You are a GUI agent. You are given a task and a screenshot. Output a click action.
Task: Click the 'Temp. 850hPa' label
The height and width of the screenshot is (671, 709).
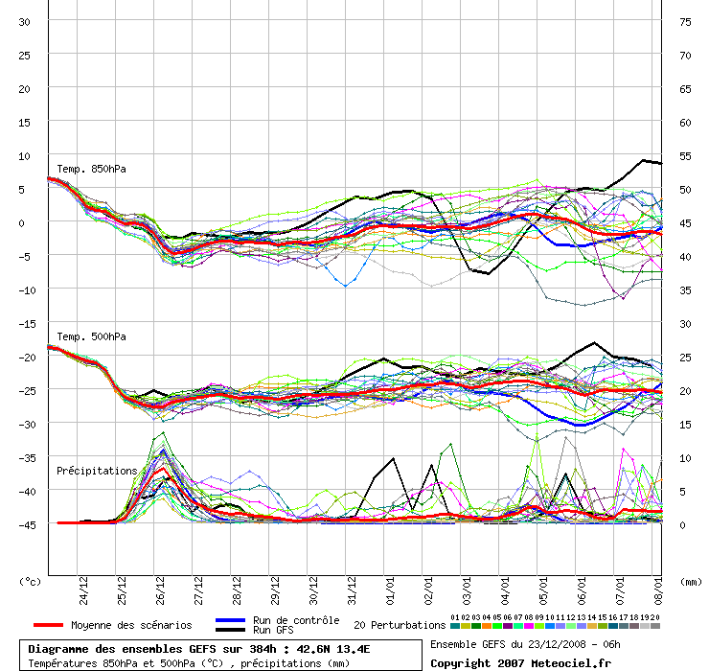[91, 170]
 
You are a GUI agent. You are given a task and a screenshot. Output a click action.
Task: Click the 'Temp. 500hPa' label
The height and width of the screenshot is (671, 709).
[91, 336]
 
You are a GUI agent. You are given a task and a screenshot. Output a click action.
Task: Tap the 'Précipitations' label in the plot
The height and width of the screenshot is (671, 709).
[97, 471]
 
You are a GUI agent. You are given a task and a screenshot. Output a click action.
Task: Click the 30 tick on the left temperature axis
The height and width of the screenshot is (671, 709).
[25, 22]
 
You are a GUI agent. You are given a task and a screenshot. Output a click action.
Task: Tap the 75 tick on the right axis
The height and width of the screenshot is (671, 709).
[685, 22]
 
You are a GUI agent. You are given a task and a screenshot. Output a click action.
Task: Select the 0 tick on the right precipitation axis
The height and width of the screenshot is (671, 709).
[682, 524]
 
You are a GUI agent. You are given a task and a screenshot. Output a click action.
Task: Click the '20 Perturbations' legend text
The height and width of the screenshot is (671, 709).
[400, 625]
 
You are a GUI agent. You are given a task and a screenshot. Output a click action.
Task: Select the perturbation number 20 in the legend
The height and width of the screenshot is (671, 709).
[655, 617]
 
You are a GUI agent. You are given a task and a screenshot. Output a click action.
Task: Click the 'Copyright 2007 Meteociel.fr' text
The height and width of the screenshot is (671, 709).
[520, 662]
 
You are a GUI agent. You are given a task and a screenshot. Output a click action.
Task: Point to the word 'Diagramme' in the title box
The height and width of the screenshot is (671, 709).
[60, 649]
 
